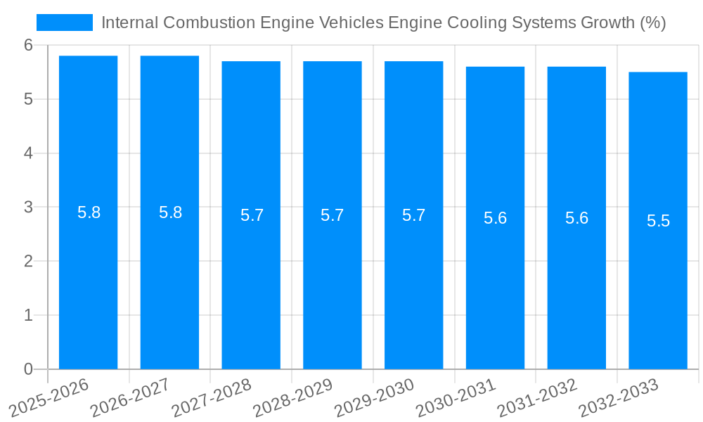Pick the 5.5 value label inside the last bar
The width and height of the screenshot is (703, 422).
(x=658, y=221)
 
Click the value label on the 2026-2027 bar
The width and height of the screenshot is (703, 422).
(x=170, y=212)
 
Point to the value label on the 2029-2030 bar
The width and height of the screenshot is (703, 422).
(x=413, y=215)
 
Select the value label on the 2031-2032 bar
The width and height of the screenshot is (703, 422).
(x=576, y=218)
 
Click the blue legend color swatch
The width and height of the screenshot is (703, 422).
(x=64, y=23)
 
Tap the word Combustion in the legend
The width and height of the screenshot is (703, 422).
(x=209, y=23)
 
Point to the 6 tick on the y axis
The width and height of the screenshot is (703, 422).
(x=28, y=45)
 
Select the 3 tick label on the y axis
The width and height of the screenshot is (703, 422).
(x=28, y=207)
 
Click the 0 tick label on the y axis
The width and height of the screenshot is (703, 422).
(x=28, y=369)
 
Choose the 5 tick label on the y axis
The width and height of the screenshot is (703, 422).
(x=28, y=99)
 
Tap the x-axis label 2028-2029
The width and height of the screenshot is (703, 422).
(x=292, y=397)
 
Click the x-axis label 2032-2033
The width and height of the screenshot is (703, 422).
(x=618, y=397)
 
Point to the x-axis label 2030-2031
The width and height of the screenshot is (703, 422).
(x=456, y=397)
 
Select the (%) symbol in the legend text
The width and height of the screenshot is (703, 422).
(x=652, y=23)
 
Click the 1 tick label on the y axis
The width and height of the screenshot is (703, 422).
(x=28, y=315)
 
